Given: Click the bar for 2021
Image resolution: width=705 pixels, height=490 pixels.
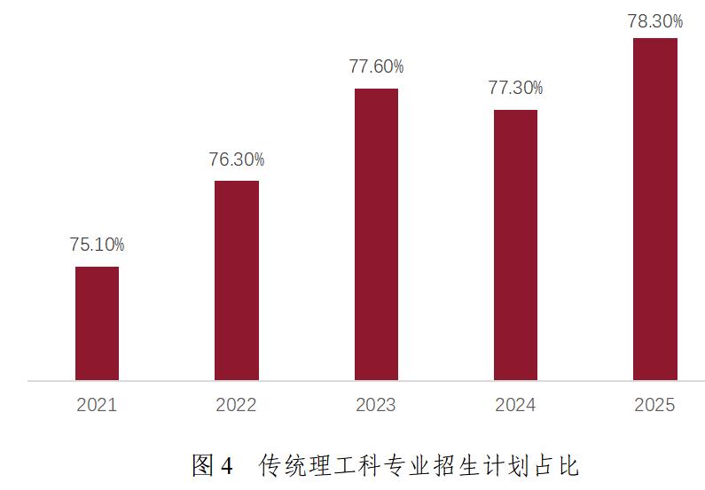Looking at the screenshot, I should tap(97, 323).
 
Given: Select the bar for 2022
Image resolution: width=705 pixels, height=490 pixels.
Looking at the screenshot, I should tap(236, 281).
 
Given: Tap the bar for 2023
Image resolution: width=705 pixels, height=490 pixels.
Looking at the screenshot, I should tap(376, 235).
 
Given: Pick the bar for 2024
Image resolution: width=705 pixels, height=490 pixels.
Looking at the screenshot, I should tap(515, 245).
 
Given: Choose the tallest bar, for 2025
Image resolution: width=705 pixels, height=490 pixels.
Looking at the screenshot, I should tap(655, 209).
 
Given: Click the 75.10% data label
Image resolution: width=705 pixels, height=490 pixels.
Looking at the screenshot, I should tap(97, 245).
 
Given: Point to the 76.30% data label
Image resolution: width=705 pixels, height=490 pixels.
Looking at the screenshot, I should tap(236, 159).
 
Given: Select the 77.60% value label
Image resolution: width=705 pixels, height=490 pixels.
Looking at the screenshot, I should tap(376, 66).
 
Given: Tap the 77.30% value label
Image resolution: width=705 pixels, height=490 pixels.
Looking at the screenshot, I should tap(515, 88).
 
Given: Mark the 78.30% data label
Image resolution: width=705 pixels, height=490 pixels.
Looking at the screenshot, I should tap(655, 21).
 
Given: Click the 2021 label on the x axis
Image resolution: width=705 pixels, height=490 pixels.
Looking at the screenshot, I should tap(97, 406).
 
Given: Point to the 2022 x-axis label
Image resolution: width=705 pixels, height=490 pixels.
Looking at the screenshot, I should tap(236, 406).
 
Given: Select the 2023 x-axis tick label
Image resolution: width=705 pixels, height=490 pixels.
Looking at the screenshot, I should tap(376, 406).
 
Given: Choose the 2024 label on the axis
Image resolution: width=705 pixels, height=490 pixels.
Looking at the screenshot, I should tap(515, 406).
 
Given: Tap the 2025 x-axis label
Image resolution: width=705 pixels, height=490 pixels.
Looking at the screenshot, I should tap(655, 406).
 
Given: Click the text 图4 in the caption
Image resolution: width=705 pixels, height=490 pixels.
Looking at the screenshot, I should tap(212, 465).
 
